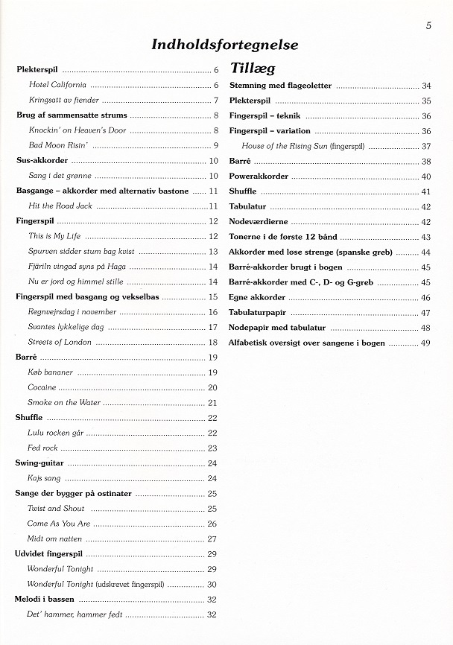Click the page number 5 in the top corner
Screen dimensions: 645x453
(429, 25)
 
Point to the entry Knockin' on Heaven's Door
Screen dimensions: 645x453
(77, 130)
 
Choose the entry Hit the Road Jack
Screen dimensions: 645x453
(60, 206)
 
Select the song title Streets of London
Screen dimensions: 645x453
(60, 342)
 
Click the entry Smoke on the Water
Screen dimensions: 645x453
(64, 402)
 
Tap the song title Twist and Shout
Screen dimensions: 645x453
(56, 508)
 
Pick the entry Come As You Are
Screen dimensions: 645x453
(59, 524)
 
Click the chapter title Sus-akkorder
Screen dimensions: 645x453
(42, 160)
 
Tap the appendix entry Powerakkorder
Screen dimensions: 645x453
(260, 177)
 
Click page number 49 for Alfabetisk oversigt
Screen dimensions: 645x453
(425, 343)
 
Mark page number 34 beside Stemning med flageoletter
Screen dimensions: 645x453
(425, 86)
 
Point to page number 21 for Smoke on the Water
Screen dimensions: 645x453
(212, 402)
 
